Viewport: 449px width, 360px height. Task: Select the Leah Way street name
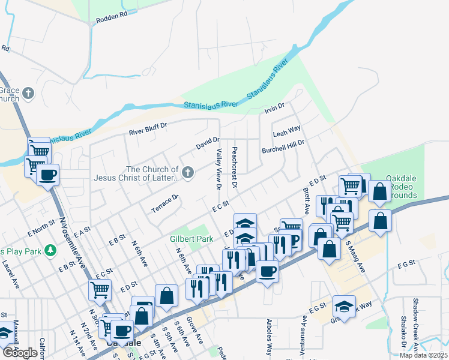click(x=286, y=130)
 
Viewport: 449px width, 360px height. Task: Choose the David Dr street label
click(x=208, y=143)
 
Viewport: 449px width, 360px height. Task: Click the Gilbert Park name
click(x=191, y=239)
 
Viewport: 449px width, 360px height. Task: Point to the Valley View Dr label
click(x=219, y=170)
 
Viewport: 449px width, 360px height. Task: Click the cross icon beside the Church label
click(x=188, y=173)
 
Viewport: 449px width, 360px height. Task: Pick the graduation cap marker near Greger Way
click(x=344, y=307)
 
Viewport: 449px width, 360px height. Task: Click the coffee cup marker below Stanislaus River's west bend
click(x=47, y=175)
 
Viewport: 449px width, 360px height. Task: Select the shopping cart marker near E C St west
click(x=100, y=290)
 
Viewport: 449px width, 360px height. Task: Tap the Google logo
click(x=20, y=352)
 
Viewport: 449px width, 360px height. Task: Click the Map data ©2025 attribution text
click(x=423, y=355)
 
